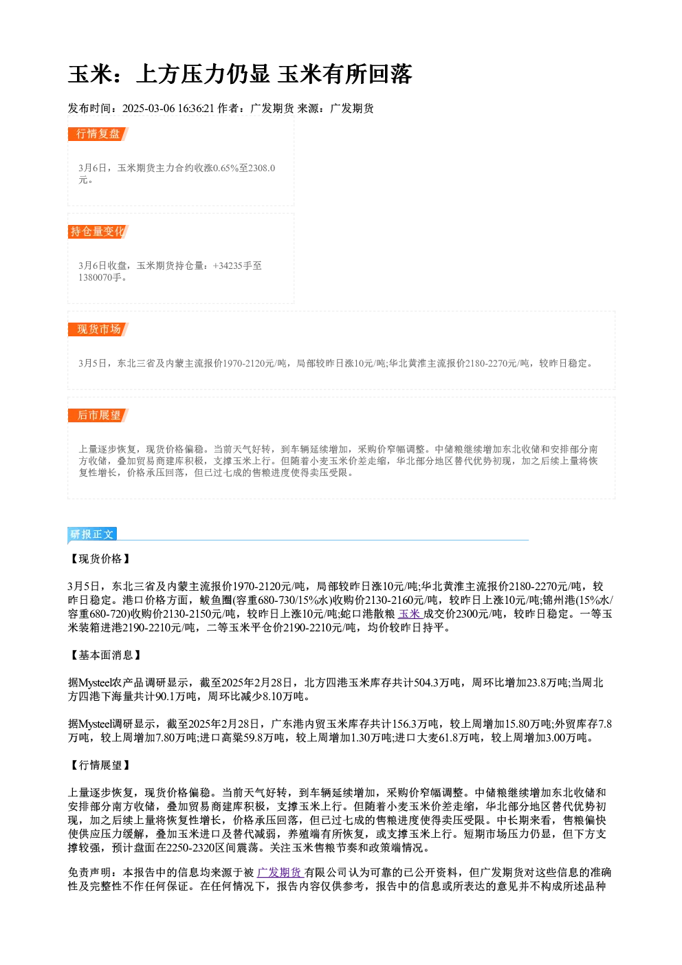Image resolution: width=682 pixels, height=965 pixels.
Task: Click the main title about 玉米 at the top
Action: pos(240,74)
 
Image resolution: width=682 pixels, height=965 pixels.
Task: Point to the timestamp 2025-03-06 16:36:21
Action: pos(168,108)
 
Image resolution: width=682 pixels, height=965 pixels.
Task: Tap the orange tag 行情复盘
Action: pos(98,134)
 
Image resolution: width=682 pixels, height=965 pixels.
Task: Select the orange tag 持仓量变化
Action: pos(98,232)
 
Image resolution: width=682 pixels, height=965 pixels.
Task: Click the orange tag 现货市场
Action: pos(98,329)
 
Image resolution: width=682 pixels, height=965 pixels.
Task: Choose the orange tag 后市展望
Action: pos(98,415)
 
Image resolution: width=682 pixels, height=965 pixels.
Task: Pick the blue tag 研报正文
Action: pos(92,534)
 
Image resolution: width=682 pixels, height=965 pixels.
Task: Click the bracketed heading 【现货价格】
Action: pos(100,559)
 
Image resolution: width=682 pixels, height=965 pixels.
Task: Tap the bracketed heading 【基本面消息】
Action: pos(105,655)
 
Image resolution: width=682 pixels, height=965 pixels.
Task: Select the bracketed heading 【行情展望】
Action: pos(100,765)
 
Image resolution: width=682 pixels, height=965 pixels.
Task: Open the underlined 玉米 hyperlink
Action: pos(409,614)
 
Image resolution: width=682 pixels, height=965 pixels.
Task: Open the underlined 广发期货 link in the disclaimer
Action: pos(279,872)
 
